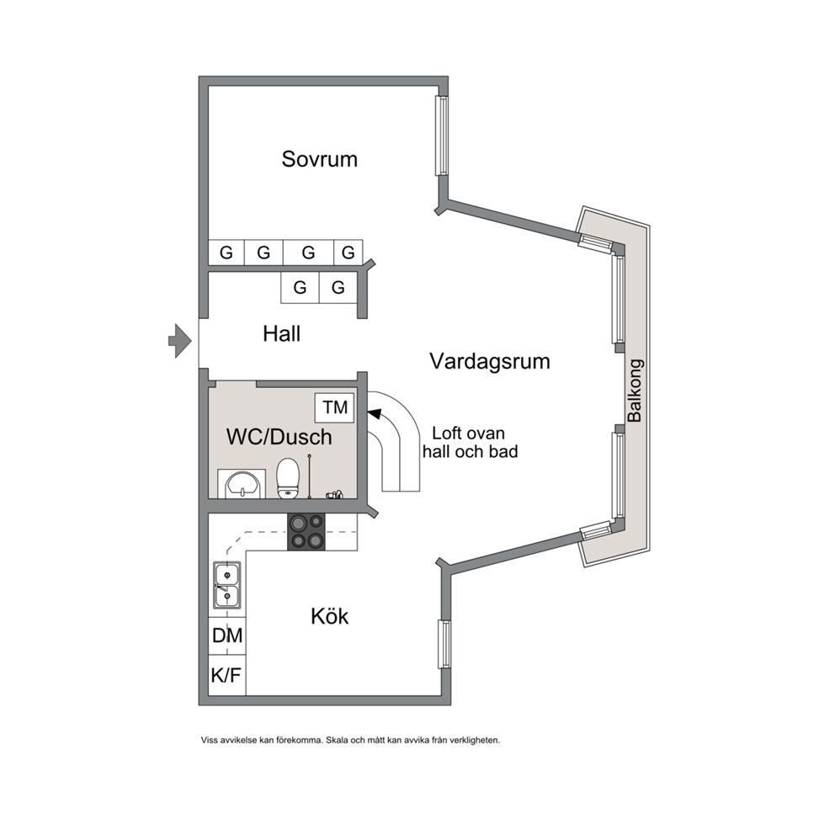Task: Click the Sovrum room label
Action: click(x=319, y=159)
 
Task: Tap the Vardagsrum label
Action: click(x=489, y=362)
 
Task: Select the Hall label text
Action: click(x=282, y=334)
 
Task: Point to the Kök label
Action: click(x=329, y=616)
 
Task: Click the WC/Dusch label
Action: click(x=279, y=437)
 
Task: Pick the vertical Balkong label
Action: click(x=635, y=391)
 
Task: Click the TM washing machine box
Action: click(x=334, y=408)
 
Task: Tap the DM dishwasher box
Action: click(x=227, y=636)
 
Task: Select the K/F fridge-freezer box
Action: click(x=227, y=675)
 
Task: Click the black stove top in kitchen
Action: click(x=306, y=532)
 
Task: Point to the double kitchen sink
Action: click(x=227, y=585)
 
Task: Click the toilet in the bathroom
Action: click(x=288, y=479)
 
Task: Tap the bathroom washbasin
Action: click(x=242, y=484)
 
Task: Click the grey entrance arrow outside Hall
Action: click(x=180, y=340)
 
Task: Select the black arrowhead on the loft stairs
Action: click(x=375, y=414)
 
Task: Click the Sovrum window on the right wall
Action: click(x=441, y=136)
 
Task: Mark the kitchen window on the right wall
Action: click(x=444, y=644)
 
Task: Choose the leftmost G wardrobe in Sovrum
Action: click(x=226, y=253)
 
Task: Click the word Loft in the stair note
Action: click(x=446, y=433)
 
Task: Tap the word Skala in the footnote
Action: click(x=337, y=740)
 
